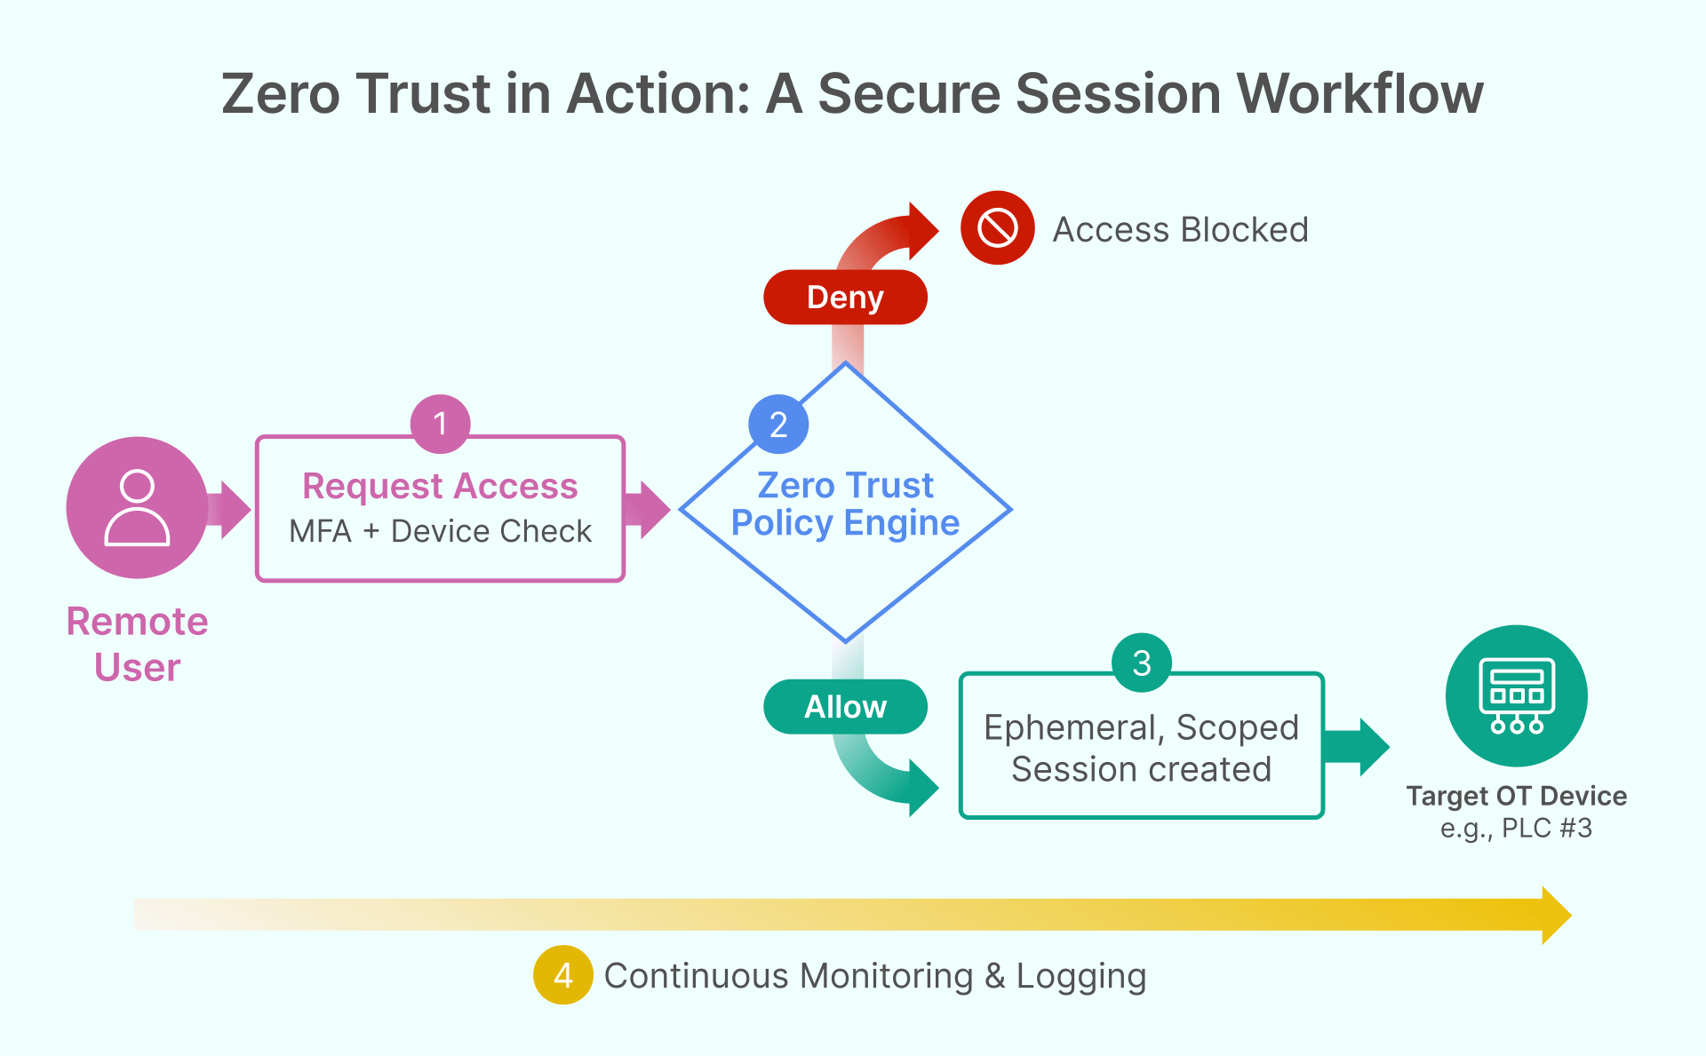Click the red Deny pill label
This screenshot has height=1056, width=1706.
click(845, 298)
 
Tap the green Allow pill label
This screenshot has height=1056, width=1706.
click(845, 707)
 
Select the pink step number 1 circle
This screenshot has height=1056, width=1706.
click(440, 424)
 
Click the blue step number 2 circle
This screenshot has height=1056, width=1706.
click(778, 425)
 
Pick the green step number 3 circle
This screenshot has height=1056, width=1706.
click(1142, 663)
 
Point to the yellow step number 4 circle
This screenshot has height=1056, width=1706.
click(562, 975)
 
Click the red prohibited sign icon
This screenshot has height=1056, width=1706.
click(997, 228)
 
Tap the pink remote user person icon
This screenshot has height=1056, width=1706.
click(137, 508)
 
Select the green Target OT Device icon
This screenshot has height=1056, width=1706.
click(1516, 695)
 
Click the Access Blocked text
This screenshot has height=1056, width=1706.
click(1180, 230)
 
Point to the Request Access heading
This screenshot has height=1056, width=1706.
click(440, 487)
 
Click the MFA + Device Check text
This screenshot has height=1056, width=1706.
click(440, 531)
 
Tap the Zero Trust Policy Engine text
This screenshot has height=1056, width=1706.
click(845, 504)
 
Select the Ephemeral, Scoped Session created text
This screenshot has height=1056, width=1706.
click(1141, 748)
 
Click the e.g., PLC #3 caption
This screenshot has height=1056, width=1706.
click(1516, 829)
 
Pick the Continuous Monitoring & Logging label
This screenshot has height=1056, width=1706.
click(875, 976)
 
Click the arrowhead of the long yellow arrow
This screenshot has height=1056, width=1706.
click(1555, 915)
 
